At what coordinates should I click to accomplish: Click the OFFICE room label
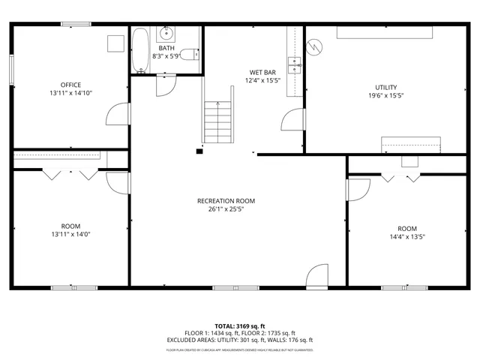click(x=71, y=85)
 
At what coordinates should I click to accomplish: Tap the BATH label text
click(x=166, y=48)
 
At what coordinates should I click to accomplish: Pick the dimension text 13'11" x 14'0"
click(x=71, y=234)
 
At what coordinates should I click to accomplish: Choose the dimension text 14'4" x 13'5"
click(x=407, y=236)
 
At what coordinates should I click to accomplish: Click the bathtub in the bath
click(x=140, y=51)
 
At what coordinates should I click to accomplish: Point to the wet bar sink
click(x=295, y=63)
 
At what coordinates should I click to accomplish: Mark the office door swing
click(x=118, y=115)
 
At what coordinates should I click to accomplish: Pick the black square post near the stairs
click(x=199, y=151)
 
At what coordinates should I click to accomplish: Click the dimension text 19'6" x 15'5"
click(x=385, y=96)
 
